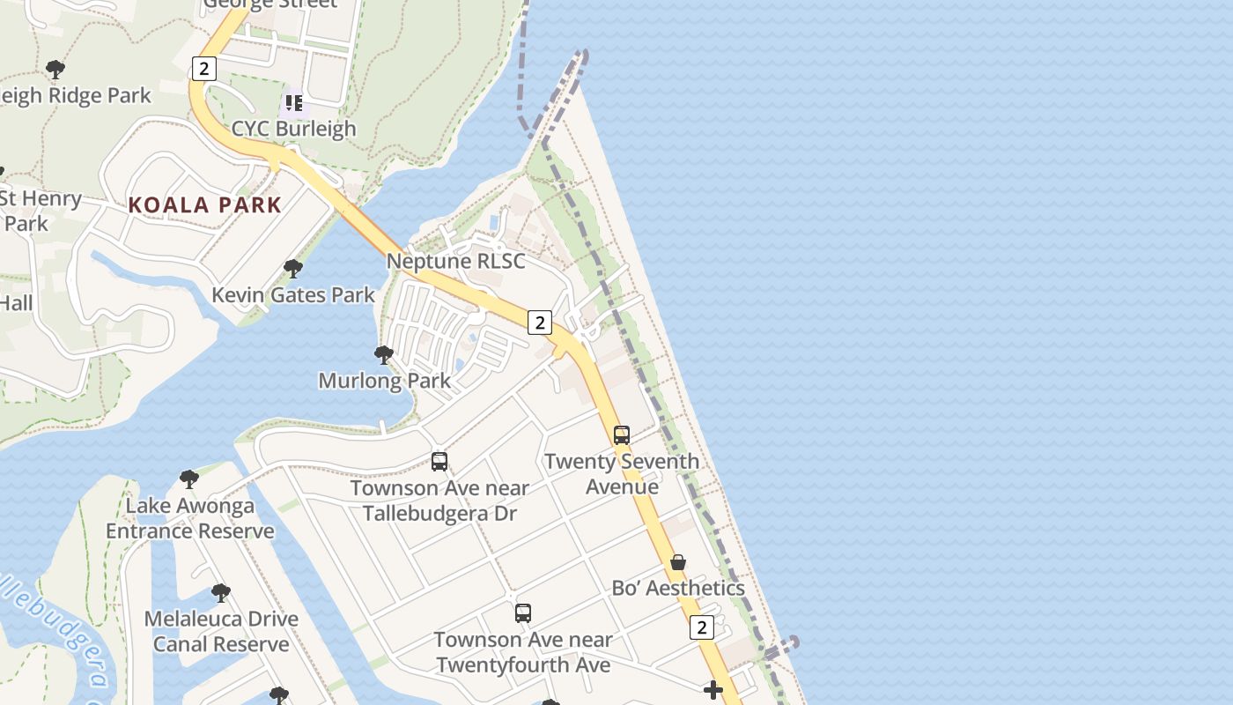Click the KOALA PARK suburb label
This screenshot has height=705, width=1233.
coord(204,205)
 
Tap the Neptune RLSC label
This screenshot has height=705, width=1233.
coord(455,261)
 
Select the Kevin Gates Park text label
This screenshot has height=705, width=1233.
coord(293,295)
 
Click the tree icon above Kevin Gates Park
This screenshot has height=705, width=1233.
coord(293,269)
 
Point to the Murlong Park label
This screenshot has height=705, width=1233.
coord(384,381)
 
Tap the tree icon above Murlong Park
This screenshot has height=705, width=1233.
coord(384,355)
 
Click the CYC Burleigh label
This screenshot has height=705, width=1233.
coord(293,129)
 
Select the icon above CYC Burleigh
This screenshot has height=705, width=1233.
coord(294,103)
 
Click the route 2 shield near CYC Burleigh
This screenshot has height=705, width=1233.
coord(203,68)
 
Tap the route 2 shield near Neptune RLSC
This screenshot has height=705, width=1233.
coord(540,323)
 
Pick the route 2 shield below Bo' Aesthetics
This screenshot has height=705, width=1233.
coord(701,627)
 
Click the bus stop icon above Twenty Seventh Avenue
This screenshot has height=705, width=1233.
coord(622,434)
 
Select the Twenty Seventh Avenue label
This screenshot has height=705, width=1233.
coord(622,474)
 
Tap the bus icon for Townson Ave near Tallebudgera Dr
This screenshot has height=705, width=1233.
coord(439,461)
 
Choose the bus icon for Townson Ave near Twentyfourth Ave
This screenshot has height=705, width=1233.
coord(523,612)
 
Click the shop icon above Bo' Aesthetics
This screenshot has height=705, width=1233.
coord(678,562)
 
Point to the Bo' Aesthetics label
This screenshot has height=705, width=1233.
coord(678,588)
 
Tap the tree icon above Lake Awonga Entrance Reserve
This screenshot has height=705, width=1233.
coord(189,479)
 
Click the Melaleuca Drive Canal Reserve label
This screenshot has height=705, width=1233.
coord(221,631)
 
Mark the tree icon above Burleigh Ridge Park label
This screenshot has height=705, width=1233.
coord(55,69)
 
